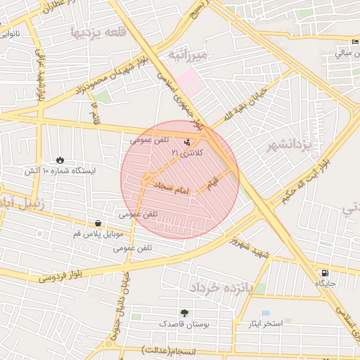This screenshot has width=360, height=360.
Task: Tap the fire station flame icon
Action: point(60,160)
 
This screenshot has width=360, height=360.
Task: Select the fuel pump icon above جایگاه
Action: point(323,273)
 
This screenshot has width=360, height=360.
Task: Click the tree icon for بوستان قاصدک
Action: point(184,313)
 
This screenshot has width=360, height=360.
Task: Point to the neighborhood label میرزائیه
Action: point(188,55)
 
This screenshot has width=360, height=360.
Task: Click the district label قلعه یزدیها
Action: point(99,32)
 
